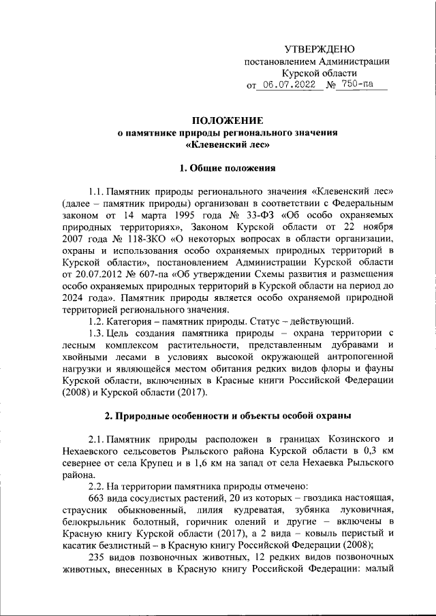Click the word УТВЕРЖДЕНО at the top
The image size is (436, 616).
pos(319,49)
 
